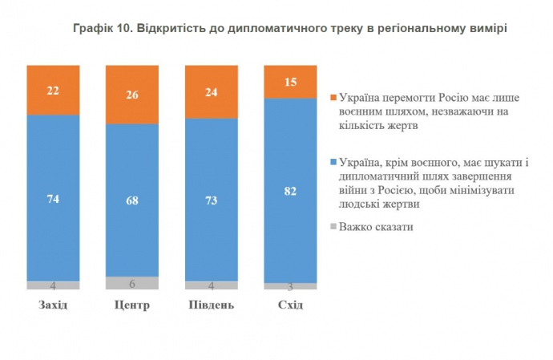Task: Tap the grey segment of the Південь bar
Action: (211, 285)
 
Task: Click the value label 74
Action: (53, 200)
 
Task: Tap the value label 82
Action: (290, 190)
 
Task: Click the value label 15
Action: (290, 82)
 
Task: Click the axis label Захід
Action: (53, 305)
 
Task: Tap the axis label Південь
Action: (211, 305)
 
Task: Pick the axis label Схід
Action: (290, 305)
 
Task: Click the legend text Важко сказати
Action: (376, 227)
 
